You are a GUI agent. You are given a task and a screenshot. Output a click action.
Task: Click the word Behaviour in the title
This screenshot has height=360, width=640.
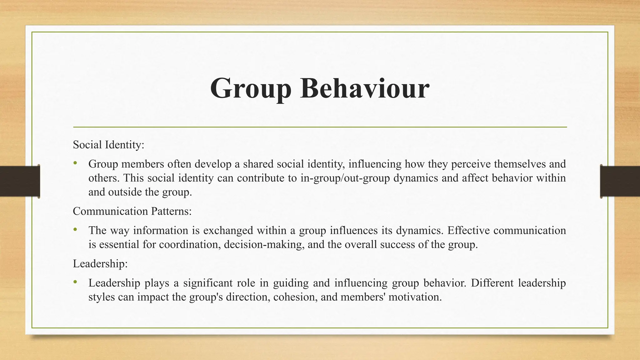coord(365,88)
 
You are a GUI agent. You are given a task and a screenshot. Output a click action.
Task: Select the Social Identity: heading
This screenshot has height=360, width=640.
coord(108,145)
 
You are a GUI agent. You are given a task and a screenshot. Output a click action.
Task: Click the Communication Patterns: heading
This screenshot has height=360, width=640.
coord(132,211)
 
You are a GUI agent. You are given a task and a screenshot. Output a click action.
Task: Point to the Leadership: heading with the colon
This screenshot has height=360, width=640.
coord(100,264)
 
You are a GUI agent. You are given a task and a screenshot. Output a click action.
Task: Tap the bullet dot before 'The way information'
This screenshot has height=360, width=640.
coord(75,230)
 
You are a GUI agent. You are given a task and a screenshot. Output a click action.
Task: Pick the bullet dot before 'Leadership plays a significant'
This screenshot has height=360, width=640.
coord(75,282)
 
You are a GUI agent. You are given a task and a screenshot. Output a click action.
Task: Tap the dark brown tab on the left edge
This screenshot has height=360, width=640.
coord(20,181)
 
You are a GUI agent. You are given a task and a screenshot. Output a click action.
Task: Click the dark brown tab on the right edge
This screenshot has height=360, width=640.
coord(620,181)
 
